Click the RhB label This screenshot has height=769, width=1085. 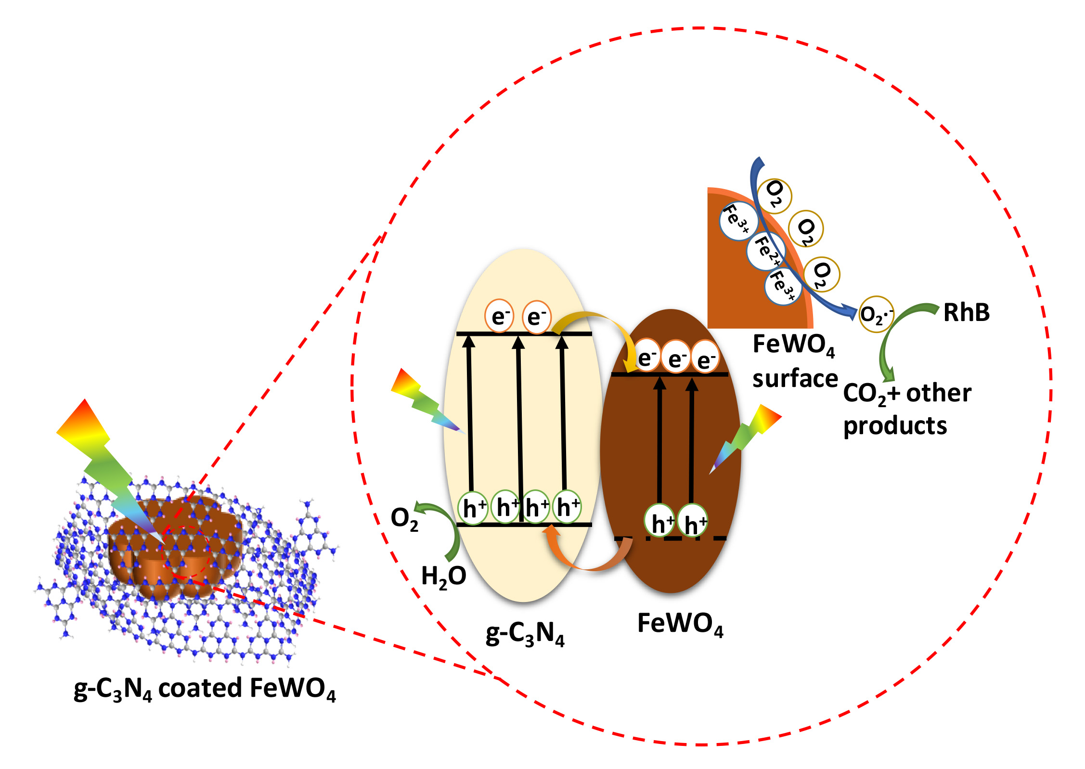click(x=966, y=313)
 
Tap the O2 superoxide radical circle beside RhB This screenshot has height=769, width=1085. click(x=876, y=314)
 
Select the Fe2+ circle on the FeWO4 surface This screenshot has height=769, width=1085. click(x=766, y=251)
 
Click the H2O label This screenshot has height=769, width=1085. click(x=443, y=576)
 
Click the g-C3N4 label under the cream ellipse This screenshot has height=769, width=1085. click(x=525, y=634)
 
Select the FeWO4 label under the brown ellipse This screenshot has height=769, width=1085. click(x=680, y=624)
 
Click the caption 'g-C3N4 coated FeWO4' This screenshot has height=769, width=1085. click(x=205, y=689)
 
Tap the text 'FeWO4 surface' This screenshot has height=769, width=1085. click(x=794, y=361)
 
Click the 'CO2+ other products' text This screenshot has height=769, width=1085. click(x=907, y=409)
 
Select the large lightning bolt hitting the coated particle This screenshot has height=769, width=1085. click(x=106, y=462)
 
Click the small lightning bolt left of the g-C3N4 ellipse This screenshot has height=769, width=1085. click(x=424, y=399)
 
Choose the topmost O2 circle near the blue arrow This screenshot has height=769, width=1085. click(x=774, y=195)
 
